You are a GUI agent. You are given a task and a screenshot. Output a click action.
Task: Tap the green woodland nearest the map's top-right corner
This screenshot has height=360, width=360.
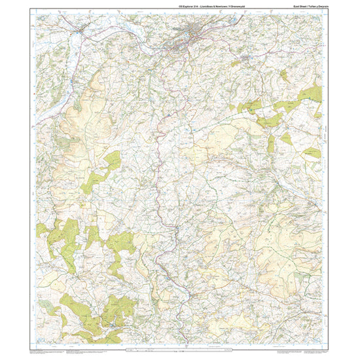[x=309, y=94]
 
